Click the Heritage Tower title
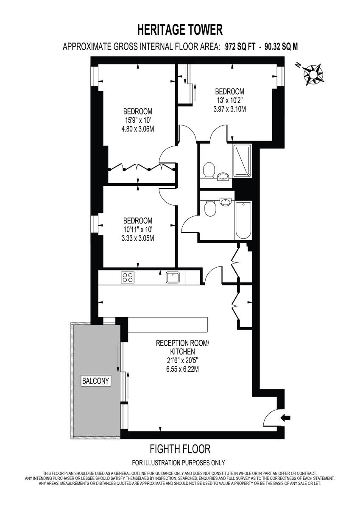coord(180,30)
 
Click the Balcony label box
coord(96,381)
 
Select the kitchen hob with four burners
coord(128,277)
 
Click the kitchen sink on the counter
coord(173,277)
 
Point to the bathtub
coord(243,220)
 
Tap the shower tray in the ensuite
coord(242,161)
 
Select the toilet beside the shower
coord(208,171)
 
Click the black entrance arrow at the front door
coord(286,418)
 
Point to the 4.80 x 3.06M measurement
coord(138,129)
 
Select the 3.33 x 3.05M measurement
coord(138,238)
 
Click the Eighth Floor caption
coord(180,448)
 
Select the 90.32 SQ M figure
coord(281,47)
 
